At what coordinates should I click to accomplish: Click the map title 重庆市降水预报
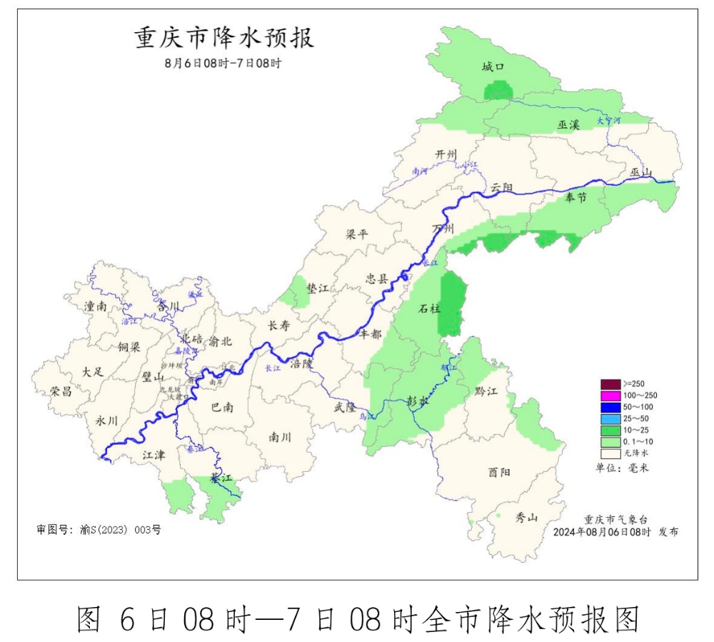click(x=223, y=37)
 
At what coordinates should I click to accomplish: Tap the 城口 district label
click(x=493, y=67)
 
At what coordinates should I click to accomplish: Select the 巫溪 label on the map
click(x=569, y=124)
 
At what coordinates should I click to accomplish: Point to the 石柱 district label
click(x=430, y=309)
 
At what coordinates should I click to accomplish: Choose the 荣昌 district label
click(x=61, y=391)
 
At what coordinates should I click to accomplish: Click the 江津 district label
click(x=154, y=454)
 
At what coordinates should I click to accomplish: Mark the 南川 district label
click(x=280, y=436)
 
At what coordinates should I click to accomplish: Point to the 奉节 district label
click(x=575, y=197)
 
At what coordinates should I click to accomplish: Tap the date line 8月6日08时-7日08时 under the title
click(x=223, y=63)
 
